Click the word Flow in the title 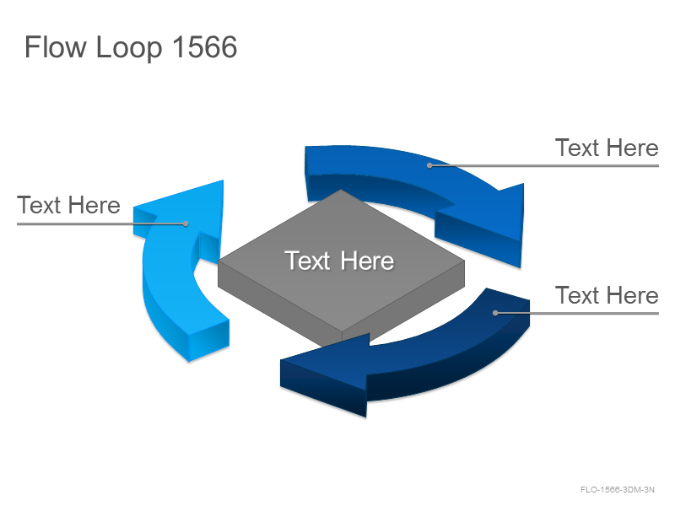56,46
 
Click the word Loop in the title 129,48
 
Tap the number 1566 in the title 205,46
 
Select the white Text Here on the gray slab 339,261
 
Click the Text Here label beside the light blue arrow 68,205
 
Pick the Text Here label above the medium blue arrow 607,148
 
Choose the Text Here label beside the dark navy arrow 607,295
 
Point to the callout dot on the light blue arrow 186,223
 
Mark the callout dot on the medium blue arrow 429,165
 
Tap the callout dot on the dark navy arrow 495,313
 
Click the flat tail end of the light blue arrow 209,340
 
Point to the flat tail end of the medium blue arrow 307,173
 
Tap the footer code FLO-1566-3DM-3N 617,490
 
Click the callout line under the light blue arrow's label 101,223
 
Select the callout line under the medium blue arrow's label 544,165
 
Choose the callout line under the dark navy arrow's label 577,313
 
